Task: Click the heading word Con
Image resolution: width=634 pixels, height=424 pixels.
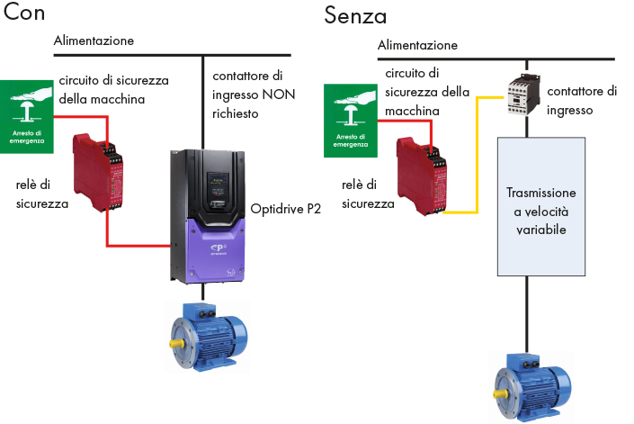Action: click(x=25, y=14)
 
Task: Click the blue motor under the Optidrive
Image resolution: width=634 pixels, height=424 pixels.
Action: click(x=205, y=337)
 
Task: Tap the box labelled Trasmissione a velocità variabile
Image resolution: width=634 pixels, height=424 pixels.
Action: click(x=540, y=205)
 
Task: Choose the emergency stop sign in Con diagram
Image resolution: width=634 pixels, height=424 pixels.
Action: click(x=28, y=116)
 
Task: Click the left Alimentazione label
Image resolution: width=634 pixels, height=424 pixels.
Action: click(x=94, y=41)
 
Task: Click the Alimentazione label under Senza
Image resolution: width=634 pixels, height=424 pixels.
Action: click(x=417, y=45)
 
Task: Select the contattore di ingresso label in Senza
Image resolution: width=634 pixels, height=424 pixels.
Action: click(x=582, y=101)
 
